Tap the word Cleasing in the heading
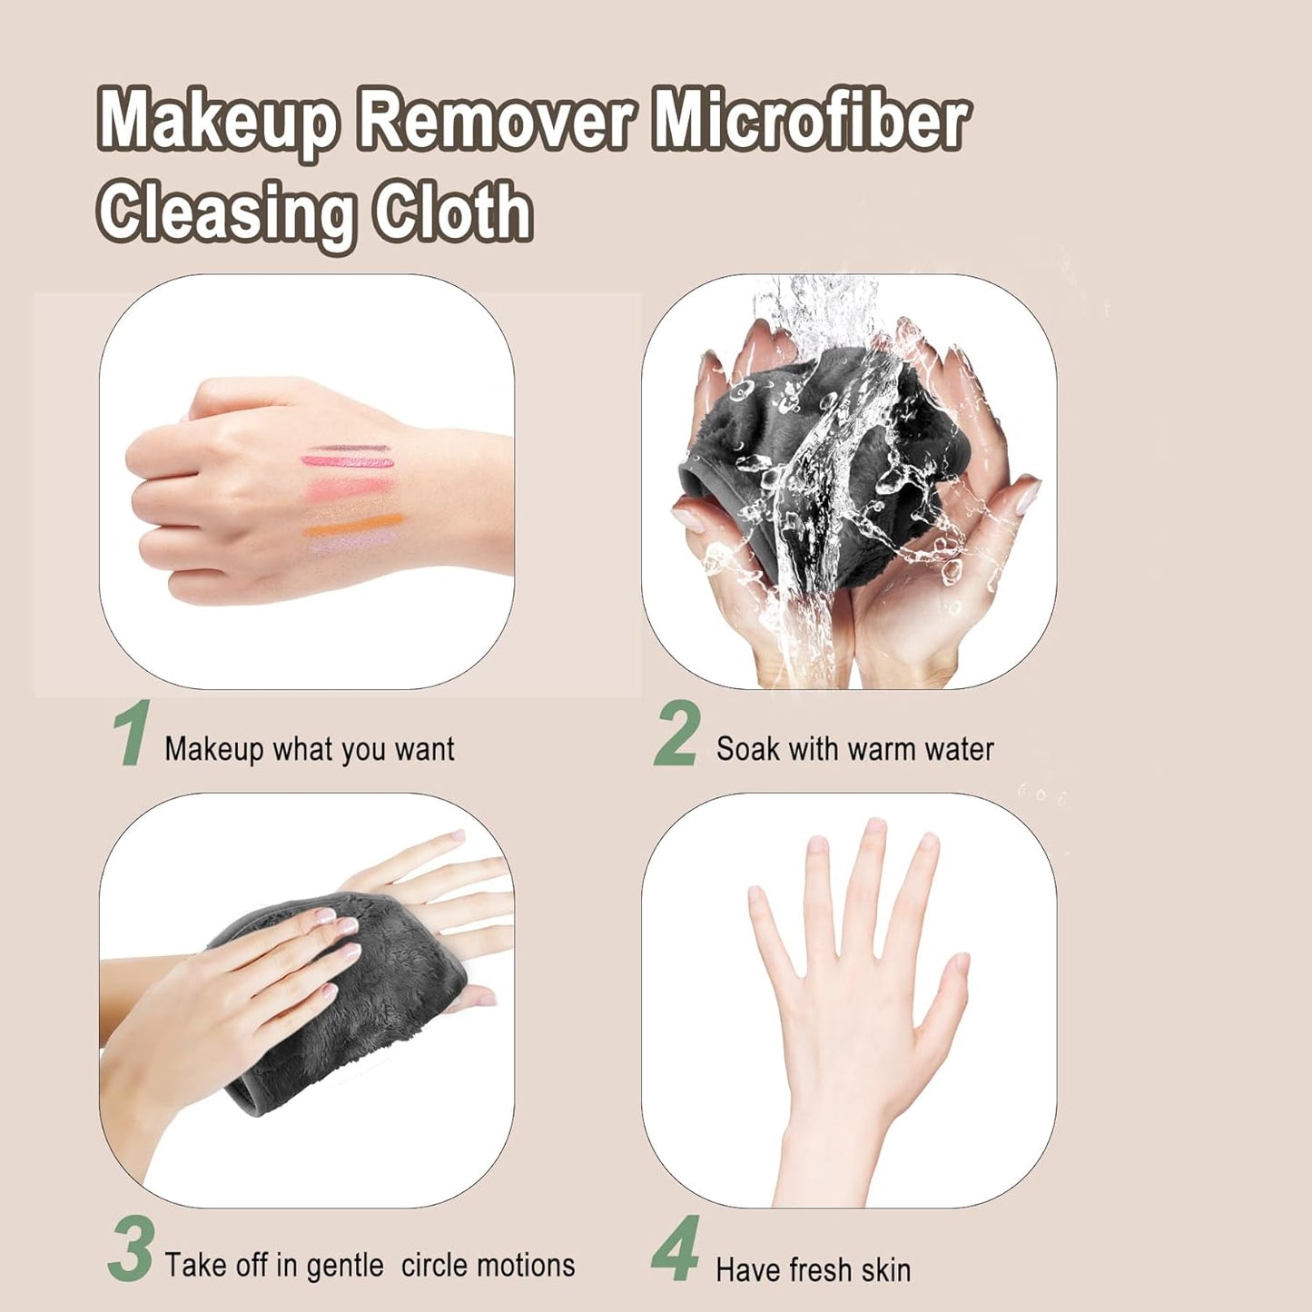click(x=226, y=213)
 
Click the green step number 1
click(x=132, y=734)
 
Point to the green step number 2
click(x=677, y=734)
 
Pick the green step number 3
click(x=131, y=1250)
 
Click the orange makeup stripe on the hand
click(x=354, y=524)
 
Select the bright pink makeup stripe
click(x=348, y=462)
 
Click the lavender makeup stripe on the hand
click(x=354, y=541)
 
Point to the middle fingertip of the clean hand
click(x=874, y=828)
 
